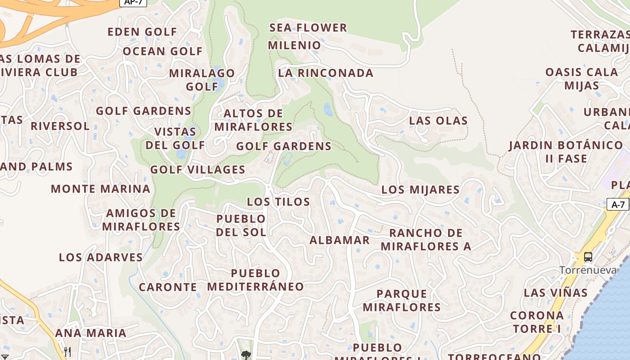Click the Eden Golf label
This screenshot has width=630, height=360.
click(x=142, y=32)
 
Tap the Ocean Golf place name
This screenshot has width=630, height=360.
click(x=162, y=51)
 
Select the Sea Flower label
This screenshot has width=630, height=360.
click(x=308, y=28)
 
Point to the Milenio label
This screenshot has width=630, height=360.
click(x=294, y=45)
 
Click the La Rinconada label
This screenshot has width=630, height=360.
click(x=325, y=73)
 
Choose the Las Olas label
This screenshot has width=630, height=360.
click(x=438, y=121)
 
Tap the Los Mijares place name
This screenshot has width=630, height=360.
click(x=420, y=190)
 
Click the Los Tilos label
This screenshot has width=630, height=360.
click(x=278, y=202)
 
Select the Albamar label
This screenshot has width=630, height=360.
click(x=339, y=240)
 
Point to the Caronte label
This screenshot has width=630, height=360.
click(x=167, y=287)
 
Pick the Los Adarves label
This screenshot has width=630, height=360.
click(x=100, y=257)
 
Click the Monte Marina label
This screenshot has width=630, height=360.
click(x=100, y=189)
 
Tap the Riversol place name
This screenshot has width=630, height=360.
click(x=60, y=126)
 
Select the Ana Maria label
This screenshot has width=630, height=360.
click(x=90, y=333)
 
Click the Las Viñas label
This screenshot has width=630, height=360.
click(x=555, y=293)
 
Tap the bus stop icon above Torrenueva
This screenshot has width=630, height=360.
click(x=588, y=257)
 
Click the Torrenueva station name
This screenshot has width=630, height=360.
click(x=587, y=270)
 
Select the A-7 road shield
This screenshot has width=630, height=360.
click(x=618, y=205)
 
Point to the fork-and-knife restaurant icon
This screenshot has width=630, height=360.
click(x=67, y=351)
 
